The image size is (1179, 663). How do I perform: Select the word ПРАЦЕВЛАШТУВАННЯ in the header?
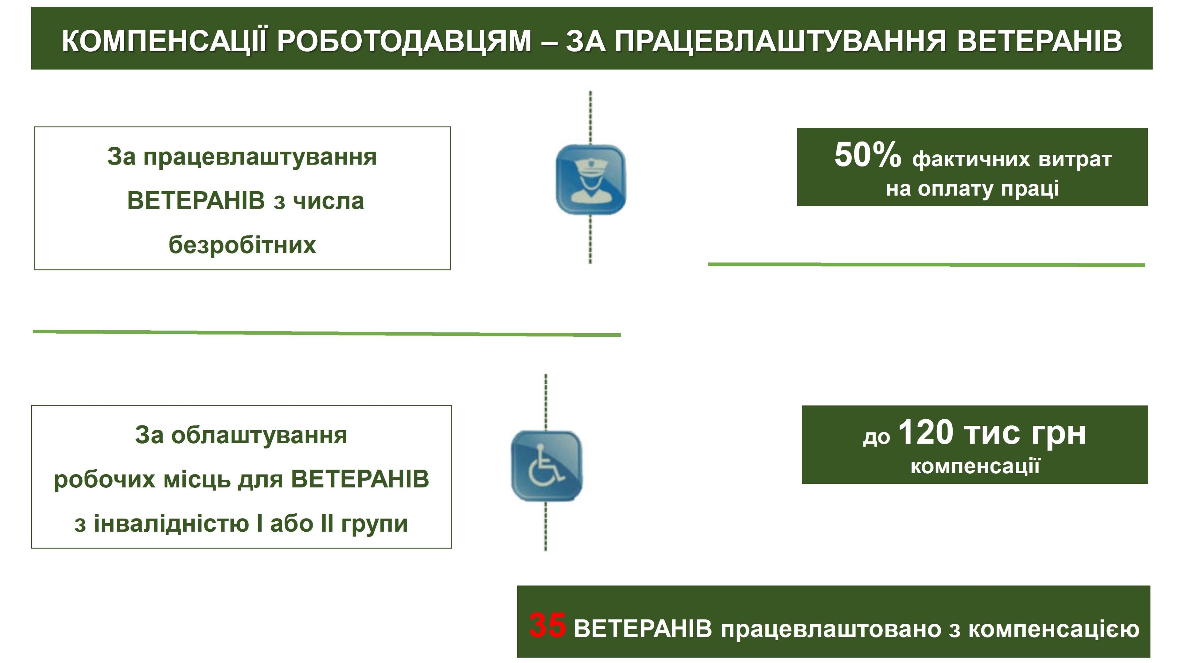(x=780, y=41)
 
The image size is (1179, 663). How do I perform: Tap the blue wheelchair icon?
(x=547, y=466)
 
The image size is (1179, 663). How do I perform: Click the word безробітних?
(x=242, y=245)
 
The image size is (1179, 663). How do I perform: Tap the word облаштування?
(x=259, y=436)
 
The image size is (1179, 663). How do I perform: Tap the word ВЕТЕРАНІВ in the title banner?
(x=1039, y=41)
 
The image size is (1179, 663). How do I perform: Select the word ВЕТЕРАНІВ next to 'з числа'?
(x=196, y=201)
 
